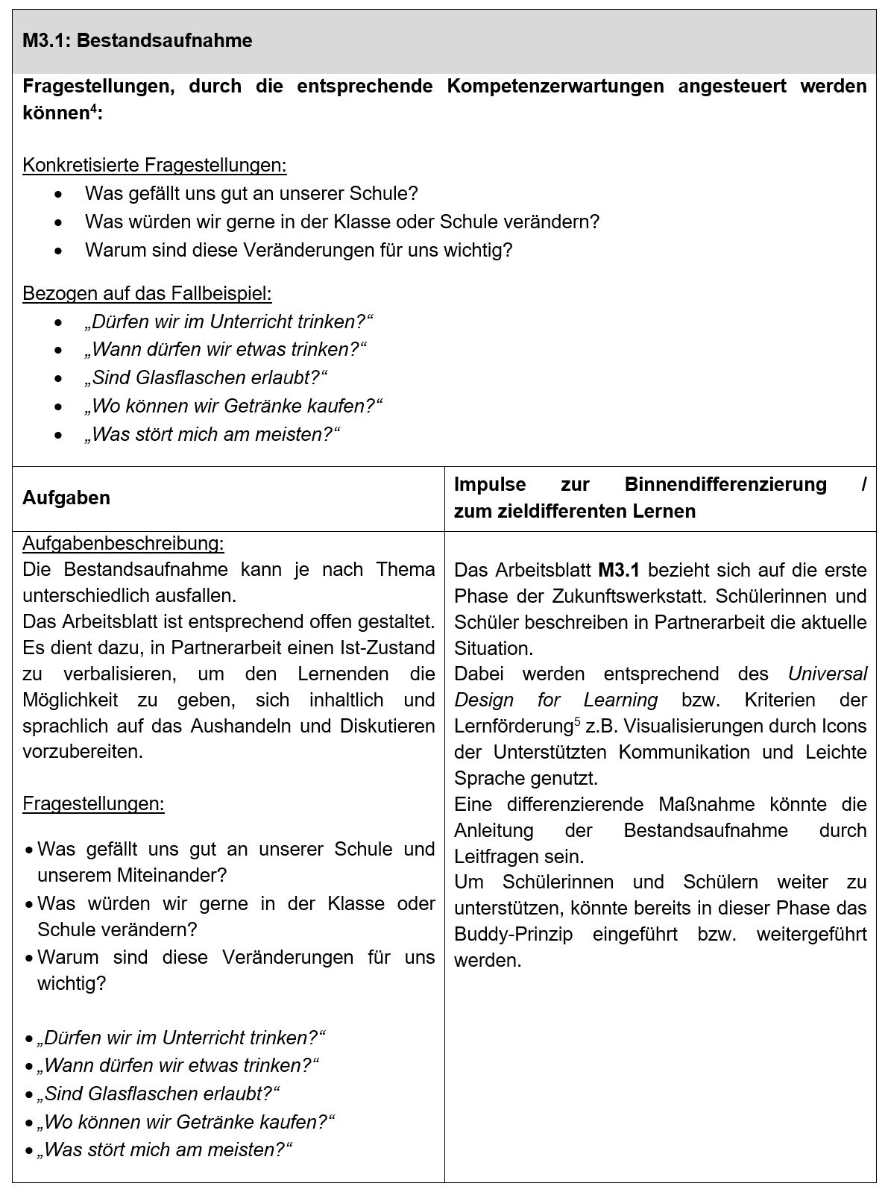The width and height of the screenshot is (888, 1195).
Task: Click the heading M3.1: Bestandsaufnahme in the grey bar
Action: pyautogui.click(x=137, y=41)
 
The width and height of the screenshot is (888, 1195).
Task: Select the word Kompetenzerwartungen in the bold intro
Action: pyautogui.click(x=555, y=87)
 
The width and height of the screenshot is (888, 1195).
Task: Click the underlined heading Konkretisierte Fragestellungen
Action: pyautogui.click(x=154, y=165)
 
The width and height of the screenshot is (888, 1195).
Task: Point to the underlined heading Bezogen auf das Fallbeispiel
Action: pyautogui.click(x=147, y=293)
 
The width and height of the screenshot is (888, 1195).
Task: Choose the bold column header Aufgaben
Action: pyautogui.click(x=66, y=498)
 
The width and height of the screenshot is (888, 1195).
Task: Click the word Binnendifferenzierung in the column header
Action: pyautogui.click(x=725, y=485)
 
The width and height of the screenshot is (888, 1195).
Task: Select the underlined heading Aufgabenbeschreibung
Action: pyautogui.click(x=123, y=543)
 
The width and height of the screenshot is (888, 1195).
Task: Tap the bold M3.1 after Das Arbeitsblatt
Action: pyautogui.click(x=619, y=571)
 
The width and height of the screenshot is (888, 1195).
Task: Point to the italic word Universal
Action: pyautogui.click(x=828, y=674)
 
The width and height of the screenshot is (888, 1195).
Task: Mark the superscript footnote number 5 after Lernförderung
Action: pyautogui.click(x=577, y=721)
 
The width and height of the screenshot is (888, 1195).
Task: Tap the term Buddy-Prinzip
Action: pyautogui.click(x=513, y=935)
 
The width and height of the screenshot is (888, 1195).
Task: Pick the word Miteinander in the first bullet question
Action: pyautogui.click(x=169, y=875)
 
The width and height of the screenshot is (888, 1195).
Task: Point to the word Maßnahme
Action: pyautogui.click(x=706, y=805)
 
